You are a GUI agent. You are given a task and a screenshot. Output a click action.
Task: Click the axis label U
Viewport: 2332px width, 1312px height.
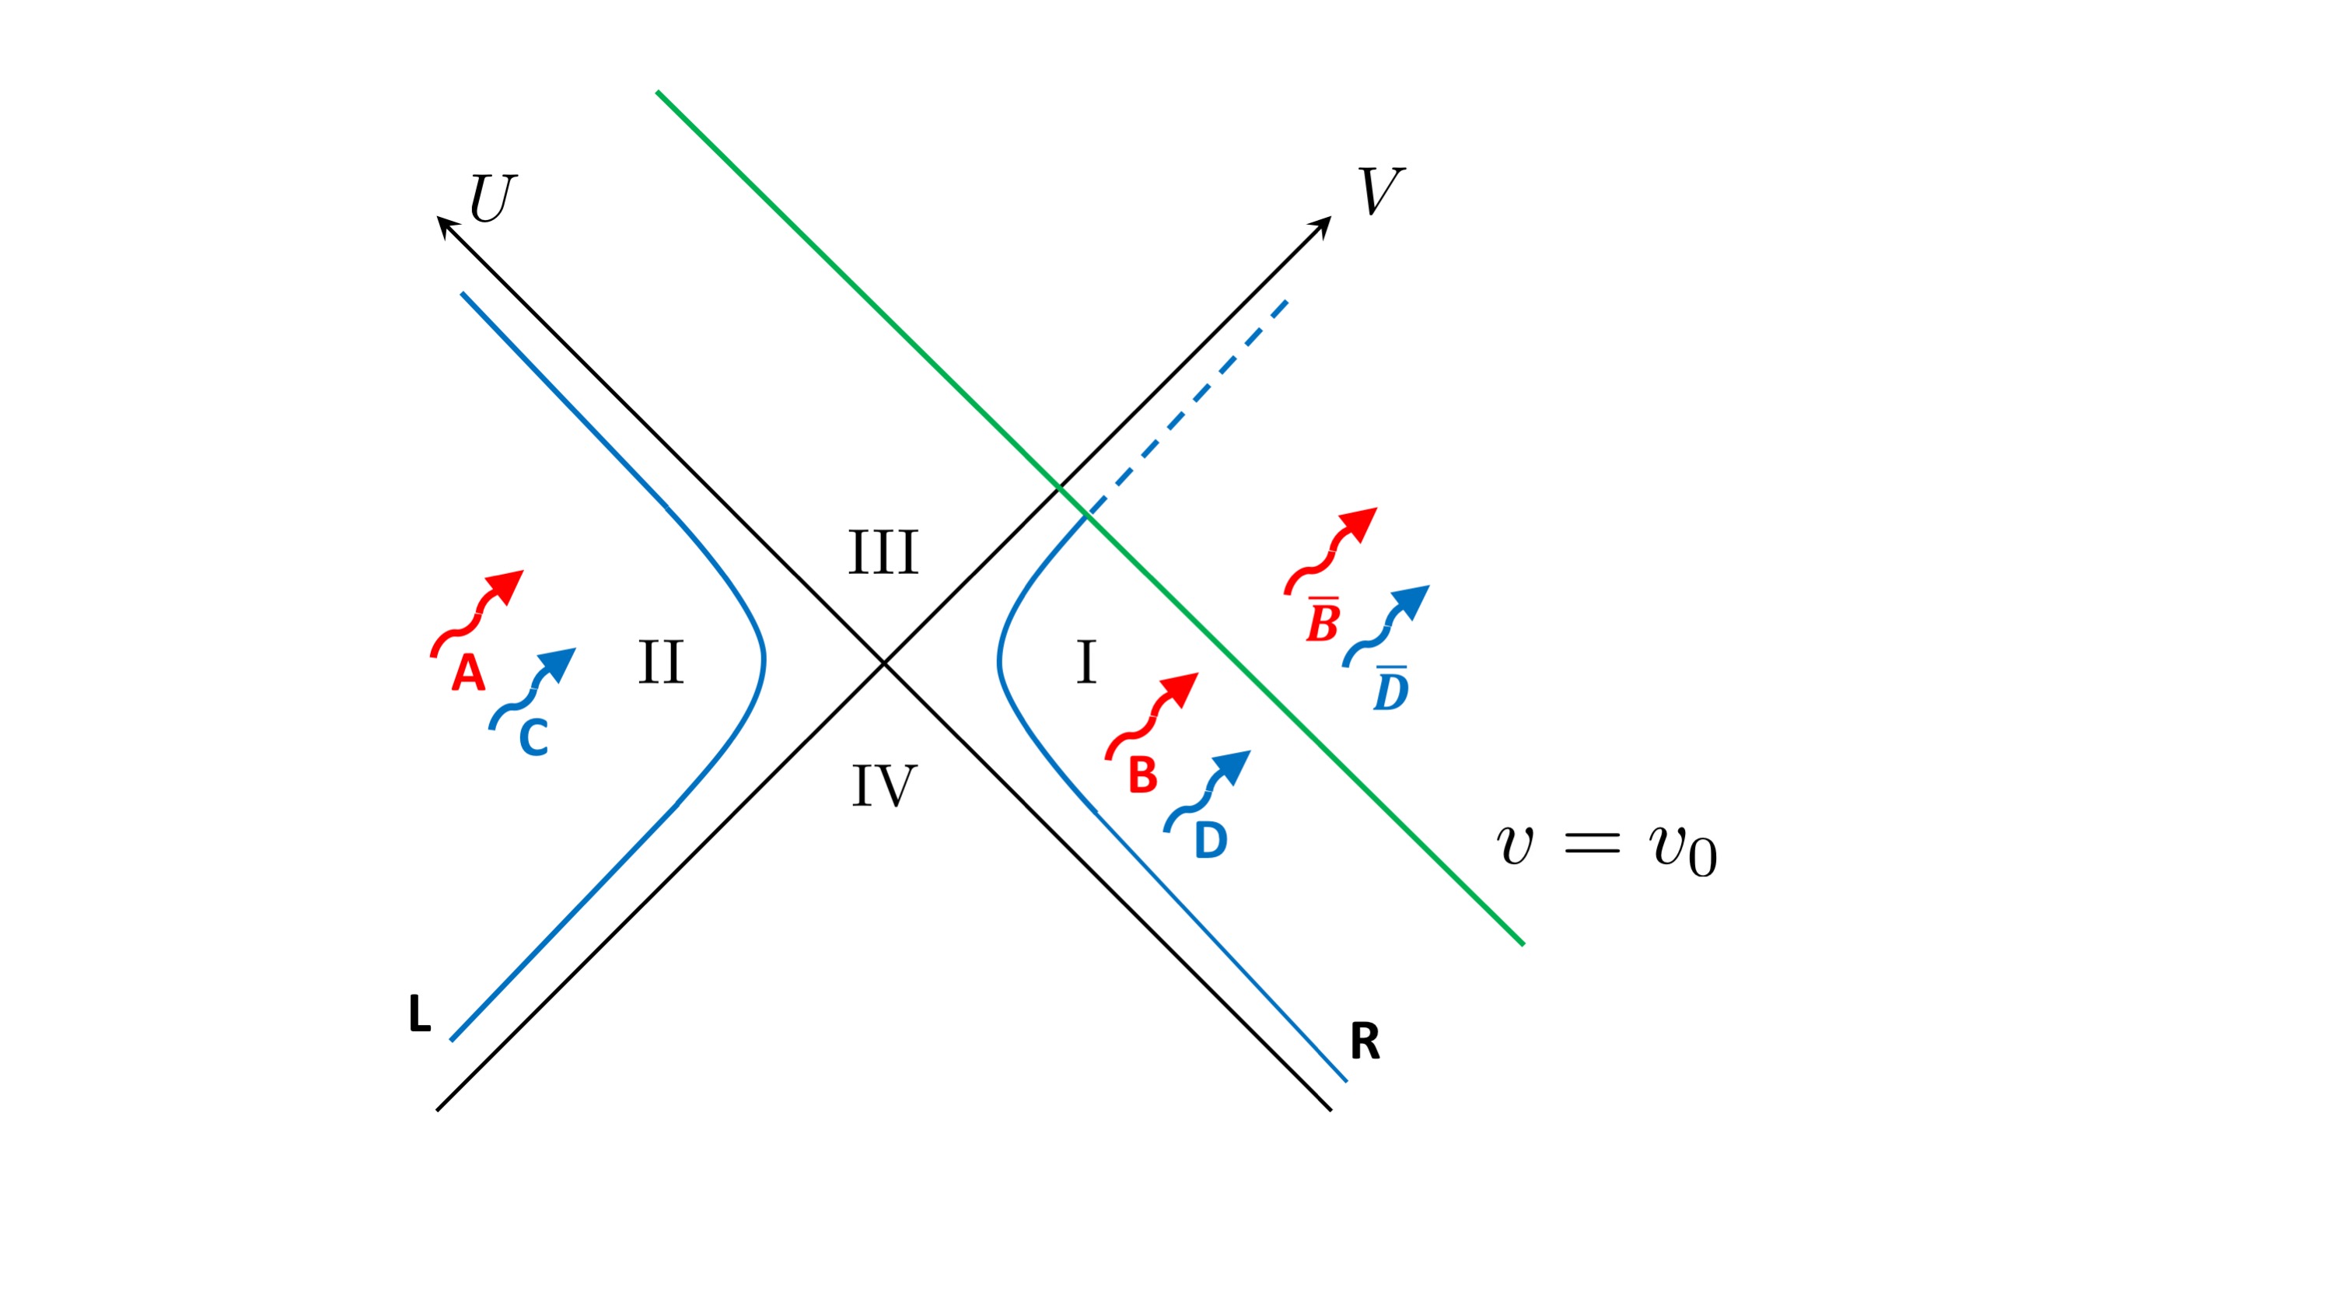pyautogui.click(x=492, y=198)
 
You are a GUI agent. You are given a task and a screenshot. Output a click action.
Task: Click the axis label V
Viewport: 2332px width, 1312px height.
pyautogui.click(x=1379, y=191)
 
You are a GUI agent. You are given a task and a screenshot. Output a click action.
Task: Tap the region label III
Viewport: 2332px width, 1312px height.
pyautogui.click(x=883, y=552)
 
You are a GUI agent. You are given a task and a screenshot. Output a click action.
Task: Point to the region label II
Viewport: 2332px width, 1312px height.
pyautogui.click(x=660, y=662)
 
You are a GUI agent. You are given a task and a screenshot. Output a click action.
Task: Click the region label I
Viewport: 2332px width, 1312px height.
pyautogui.click(x=1086, y=662)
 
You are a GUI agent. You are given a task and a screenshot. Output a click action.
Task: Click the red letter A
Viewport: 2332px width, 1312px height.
pyautogui.click(x=468, y=673)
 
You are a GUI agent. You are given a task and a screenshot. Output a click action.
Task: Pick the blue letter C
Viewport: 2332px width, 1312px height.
pyautogui.click(x=533, y=737)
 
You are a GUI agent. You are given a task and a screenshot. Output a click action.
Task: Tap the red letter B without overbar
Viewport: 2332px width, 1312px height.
pyautogui.click(x=1142, y=775)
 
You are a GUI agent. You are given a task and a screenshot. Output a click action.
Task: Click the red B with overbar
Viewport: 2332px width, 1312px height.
pyautogui.click(x=1323, y=621)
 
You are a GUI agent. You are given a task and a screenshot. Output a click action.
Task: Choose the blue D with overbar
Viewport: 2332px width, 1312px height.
pyautogui.click(x=1390, y=690)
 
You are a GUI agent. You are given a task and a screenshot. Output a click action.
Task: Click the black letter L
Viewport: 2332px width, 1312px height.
pyautogui.click(x=419, y=1013)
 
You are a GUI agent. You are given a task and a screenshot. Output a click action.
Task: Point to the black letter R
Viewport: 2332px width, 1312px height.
pyautogui.click(x=1364, y=1041)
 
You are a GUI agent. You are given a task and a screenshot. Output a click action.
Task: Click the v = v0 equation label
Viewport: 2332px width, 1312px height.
pyautogui.click(x=1606, y=848)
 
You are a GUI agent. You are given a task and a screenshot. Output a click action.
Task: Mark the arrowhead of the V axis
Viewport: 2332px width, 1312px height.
pyautogui.click(x=1323, y=225)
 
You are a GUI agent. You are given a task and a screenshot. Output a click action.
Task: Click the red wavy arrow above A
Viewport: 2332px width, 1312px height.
pyautogui.click(x=478, y=612)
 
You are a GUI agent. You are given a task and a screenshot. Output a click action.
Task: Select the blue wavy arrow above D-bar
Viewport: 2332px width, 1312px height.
pyautogui.click(x=1387, y=625)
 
